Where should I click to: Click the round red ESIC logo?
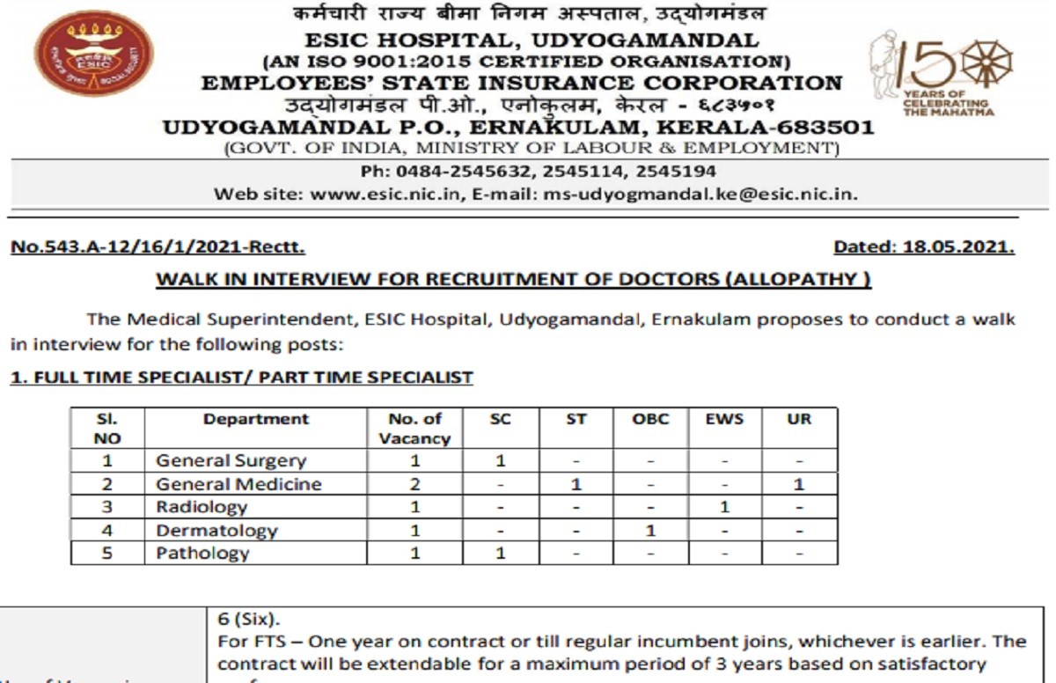click(x=94, y=54)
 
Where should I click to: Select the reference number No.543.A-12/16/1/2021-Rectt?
click(x=158, y=247)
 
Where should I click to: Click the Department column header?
click(x=256, y=420)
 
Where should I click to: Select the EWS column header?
click(x=724, y=420)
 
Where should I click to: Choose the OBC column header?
click(x=650, y=420)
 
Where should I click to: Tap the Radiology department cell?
click(x=202, y=507)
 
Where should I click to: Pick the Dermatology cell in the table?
click(x=216, y=531)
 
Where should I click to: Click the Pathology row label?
click(x=202, y=554)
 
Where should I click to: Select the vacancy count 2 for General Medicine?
click(x=415, y=484)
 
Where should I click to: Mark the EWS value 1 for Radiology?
click(x=724, y=507)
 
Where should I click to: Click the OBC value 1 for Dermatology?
click(x=650, y=531)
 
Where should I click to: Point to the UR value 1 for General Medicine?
click(x=799, y=484)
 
